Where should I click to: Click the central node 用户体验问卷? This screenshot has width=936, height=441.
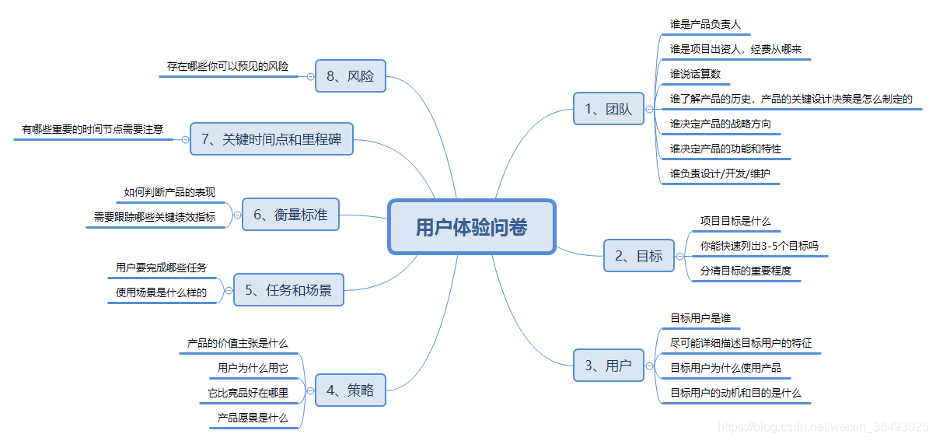point(471,227)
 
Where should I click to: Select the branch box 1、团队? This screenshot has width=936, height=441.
point(608,110)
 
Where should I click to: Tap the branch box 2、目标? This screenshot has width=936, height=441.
point(638,255)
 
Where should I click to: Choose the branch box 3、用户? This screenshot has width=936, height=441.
point(608,365)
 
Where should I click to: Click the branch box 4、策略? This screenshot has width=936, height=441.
point(350,390)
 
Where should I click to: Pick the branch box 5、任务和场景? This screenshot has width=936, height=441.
point(288,290)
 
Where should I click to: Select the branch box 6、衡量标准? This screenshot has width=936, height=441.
point(290,215)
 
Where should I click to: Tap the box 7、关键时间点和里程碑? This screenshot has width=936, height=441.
point(271,139)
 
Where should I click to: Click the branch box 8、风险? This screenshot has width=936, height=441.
point(350,76)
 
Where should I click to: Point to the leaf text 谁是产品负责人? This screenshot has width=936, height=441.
point(705,24)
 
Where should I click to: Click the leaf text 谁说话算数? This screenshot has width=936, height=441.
point(695,74)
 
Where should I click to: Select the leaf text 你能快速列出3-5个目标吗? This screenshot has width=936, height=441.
point(759,246)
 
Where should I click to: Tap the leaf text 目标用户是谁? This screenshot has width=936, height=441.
point(700,318)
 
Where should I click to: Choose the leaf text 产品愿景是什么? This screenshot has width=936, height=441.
point(253,418)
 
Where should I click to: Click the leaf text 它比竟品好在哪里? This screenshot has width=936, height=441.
point(247,393)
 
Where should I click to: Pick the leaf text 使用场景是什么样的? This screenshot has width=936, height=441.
point(161,292)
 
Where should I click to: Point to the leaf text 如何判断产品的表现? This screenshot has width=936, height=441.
point(169,192)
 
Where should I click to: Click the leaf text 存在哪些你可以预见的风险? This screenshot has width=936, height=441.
point(228,66)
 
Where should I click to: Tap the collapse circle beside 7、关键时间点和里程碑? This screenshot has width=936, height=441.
point(185,140)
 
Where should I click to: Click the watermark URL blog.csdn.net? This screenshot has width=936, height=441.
point(822,427)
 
